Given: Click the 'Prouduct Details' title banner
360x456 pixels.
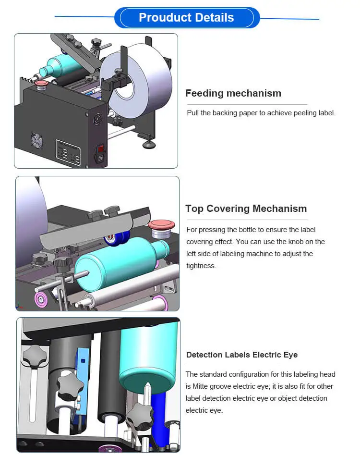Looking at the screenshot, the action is click(x=186, y=18).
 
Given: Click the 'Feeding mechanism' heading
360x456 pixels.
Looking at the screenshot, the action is click(x=233, y=93).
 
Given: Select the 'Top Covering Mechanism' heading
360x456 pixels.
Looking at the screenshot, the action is click(x=246, y=209).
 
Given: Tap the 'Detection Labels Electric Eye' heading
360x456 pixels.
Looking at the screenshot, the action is click(x=241, y=355).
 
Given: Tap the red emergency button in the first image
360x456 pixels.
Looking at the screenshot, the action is click(x=42, y=85).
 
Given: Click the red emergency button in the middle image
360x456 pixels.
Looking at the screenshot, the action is click(x=161, y=226).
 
